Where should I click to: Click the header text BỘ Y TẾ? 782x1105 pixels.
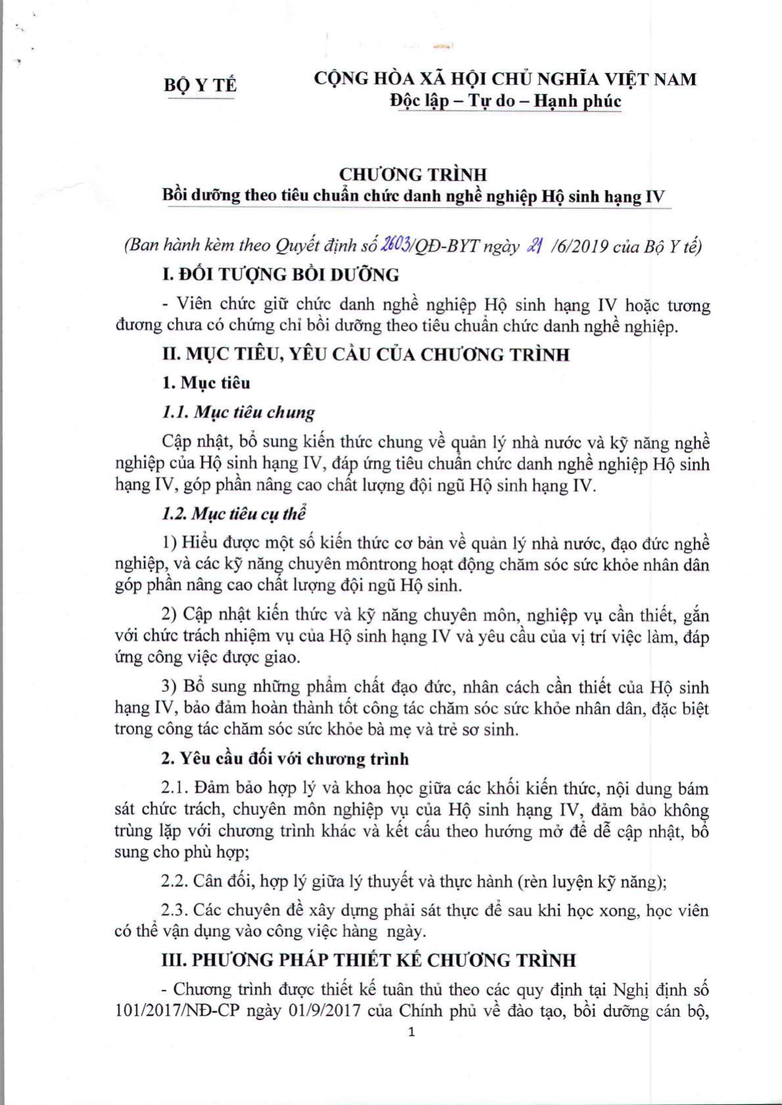tap(200, 86)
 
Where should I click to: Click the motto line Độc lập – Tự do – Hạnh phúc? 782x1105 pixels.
tap(505, 101)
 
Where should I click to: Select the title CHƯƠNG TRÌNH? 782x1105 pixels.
tap(413, 174)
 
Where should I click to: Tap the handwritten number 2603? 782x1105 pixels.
tap(392, 245)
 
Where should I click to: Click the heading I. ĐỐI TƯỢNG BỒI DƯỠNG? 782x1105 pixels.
tap(281, 274)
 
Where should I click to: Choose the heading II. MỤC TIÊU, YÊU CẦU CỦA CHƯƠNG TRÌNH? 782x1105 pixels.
tap(365, 355)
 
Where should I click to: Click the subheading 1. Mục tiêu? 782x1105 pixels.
tap(206, 383)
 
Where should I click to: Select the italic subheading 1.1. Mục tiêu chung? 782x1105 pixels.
tap(238, 412)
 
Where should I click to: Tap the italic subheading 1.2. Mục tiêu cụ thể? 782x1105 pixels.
tap(233, 514)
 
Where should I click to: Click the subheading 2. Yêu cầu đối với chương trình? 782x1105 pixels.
tap(285, 758)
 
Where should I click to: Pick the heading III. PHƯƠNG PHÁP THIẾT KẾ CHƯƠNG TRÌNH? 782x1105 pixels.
tap(369, 960)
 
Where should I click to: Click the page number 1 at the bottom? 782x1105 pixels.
tap(412, 1032)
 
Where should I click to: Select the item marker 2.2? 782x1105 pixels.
tap(175, 881)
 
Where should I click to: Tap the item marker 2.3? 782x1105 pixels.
tap(175, 910)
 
